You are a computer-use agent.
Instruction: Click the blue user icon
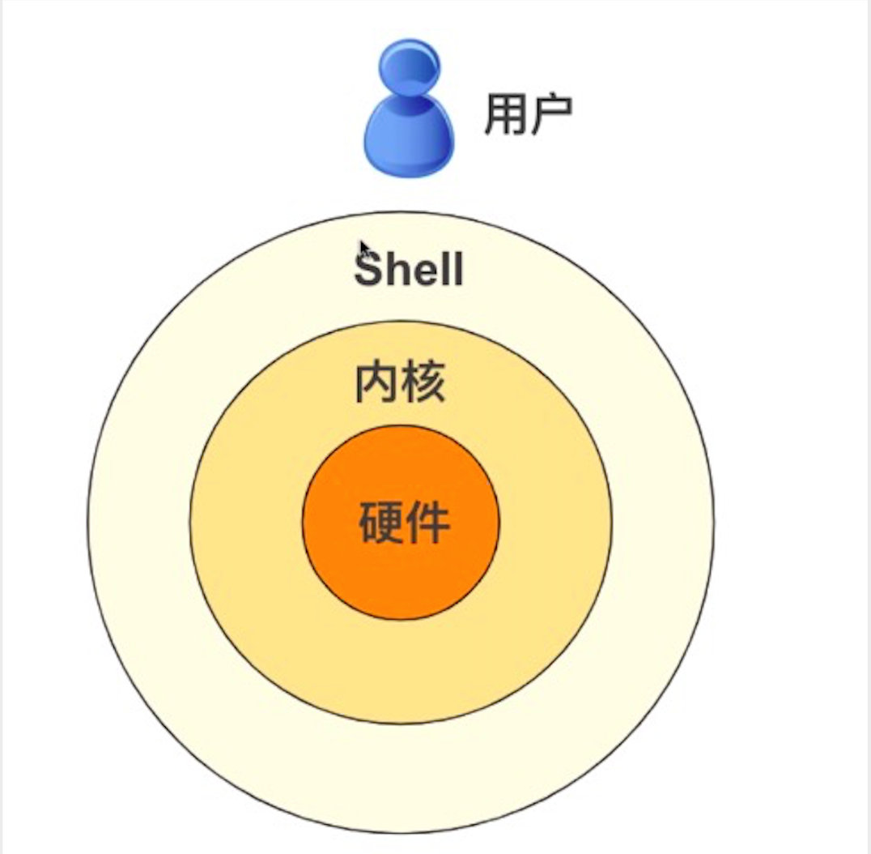[x=408, y=111]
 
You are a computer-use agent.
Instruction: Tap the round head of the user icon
[x=409, y=66]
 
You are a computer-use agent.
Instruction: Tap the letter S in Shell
[x=368, y=269]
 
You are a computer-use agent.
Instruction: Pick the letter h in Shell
[x=397, y=268]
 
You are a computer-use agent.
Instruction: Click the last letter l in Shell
[x=458, y=268]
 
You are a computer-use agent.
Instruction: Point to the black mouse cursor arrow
[x=365, y=250]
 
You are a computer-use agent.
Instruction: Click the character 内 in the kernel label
[x=378, y=384]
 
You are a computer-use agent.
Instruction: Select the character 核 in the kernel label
[x=423, y=384]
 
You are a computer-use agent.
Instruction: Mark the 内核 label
[x=401, y=384]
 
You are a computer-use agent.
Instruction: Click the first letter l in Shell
[x=445, y=268]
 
